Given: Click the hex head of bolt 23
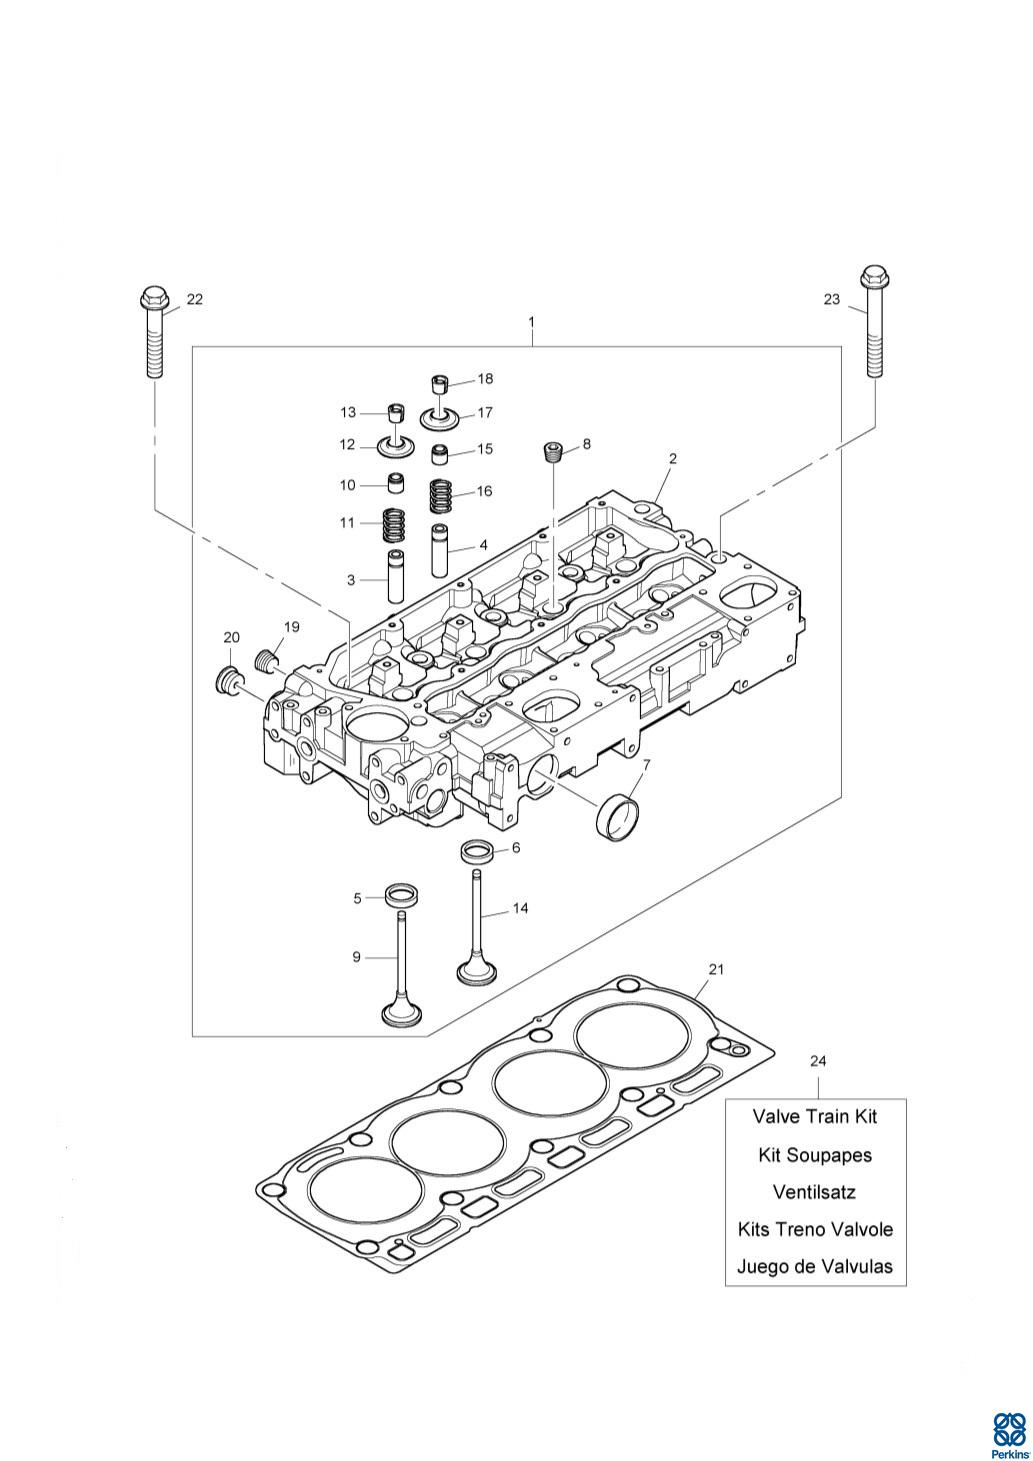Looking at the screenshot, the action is pyautogui.click(x=876, y=276).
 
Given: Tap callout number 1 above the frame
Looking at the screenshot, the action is pyautogui.click(x=531, y=322).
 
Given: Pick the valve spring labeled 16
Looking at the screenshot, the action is pyautogui.click(x=442, y=496).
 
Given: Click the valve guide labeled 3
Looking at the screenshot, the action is pyautogui.click(x=397, y=577).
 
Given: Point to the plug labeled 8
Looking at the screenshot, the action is pyautogui.click(x=553, y=451).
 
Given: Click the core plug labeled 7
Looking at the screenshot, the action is pyautogui.click(x=618, y=818).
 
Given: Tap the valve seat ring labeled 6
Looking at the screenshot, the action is pyautogui.click(x=476, y=852).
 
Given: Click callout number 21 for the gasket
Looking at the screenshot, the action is pyautogui.click(x=716, y=969).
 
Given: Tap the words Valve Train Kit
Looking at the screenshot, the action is pyautogui.click(x=815, y=1116).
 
